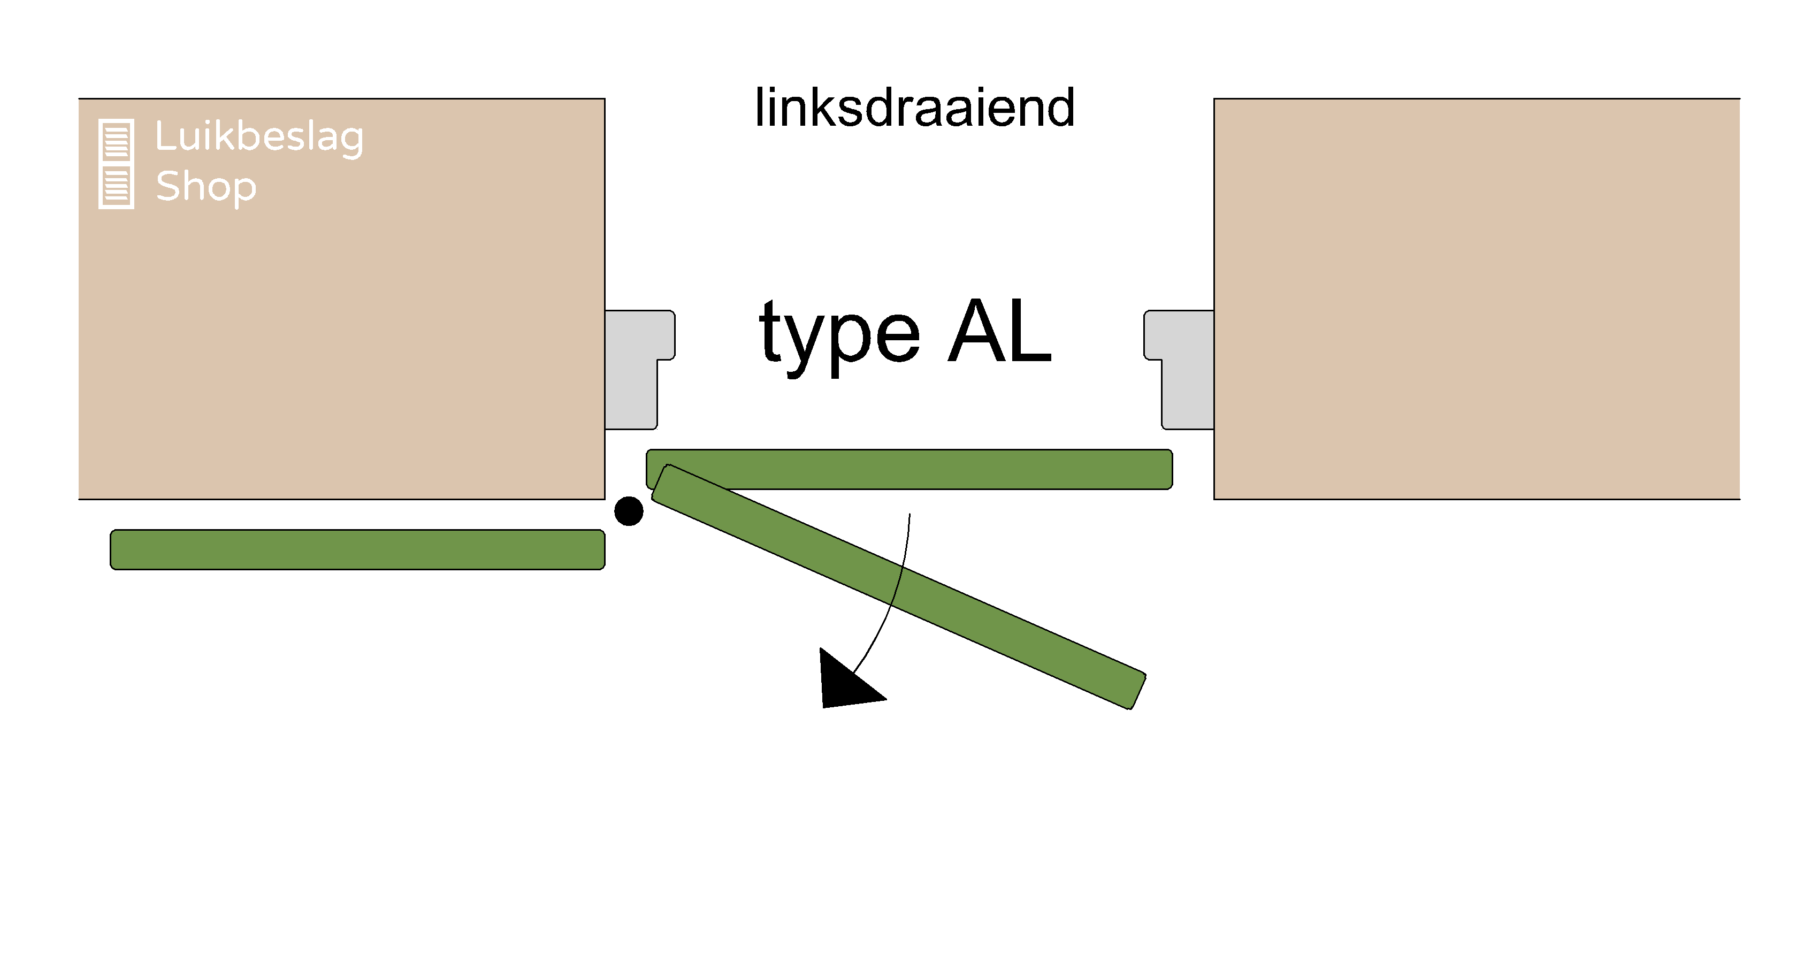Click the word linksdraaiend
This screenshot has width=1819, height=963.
(x=914, y=108)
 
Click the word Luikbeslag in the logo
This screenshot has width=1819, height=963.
(x=259, y=136)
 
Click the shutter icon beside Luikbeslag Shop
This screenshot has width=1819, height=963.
(x=116, y=164)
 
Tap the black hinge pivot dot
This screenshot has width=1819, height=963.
(x=629, y=510)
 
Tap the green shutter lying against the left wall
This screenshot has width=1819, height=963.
(x=357, y=549)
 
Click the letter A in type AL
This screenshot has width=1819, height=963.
(x=976, y=331)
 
